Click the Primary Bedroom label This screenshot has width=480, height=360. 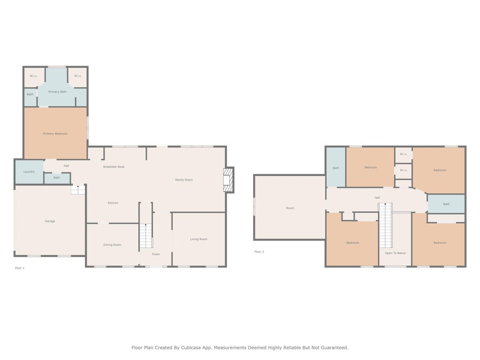point(55,134)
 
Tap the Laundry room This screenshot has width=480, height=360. point(30,172)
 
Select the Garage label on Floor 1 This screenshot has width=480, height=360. point(50,221)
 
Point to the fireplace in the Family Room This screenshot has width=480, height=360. point(228,180)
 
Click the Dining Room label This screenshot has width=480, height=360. point(112,245)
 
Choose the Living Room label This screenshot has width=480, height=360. point(199,239)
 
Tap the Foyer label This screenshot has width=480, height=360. point(156,254)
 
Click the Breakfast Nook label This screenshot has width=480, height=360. point(114,167)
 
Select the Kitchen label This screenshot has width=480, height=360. point(113,203)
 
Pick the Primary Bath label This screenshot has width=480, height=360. point(58,92)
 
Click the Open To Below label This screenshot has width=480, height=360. point(395,253)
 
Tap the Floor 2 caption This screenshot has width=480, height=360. point(259,252)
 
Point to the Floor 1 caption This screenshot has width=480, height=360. point(20,268)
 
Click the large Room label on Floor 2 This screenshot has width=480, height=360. point(290,208)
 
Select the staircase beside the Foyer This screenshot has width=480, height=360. point(146,236)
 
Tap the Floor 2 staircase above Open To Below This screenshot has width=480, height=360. point(385,225)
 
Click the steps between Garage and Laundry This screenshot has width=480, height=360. point(78,189)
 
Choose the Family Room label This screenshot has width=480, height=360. point(184,180)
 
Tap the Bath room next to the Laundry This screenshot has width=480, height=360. point(57,178)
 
